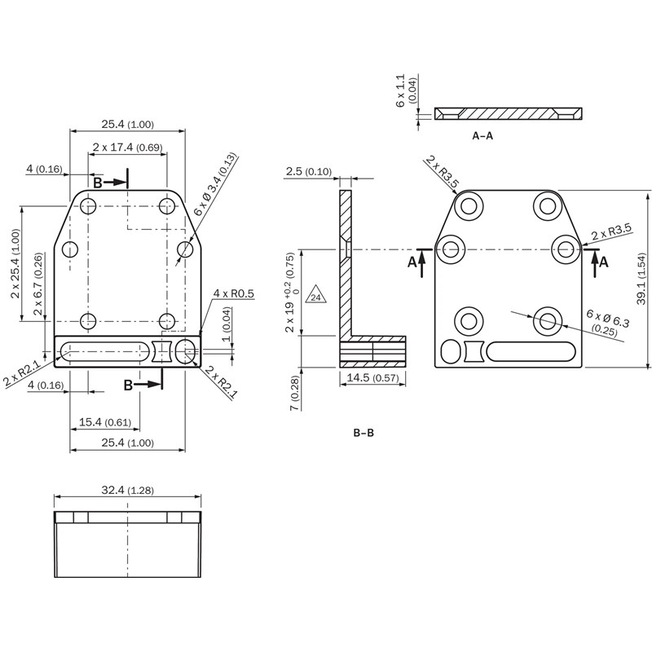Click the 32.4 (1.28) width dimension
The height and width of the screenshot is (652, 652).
[128, 491]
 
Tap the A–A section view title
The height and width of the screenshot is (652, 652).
[482, 136]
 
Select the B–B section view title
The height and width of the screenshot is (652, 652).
[363, 433]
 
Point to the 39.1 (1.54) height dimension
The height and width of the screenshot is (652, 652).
[641, 280]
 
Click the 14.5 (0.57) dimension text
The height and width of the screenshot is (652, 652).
[372, 377]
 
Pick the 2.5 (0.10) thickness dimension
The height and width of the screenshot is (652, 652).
[308, 172]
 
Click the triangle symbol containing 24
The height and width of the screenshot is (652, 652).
[315, 297]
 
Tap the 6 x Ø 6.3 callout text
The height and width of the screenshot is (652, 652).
[608, 321]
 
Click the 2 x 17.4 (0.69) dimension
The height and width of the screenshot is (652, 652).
[127, 148]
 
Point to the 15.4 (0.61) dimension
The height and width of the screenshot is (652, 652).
[105, 421]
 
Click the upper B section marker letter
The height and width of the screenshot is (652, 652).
[97, 183]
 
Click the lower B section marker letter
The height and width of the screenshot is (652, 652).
[129, 385]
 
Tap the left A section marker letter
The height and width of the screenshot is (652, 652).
[412, 262]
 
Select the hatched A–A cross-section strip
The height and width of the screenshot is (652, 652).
[509, 113]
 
